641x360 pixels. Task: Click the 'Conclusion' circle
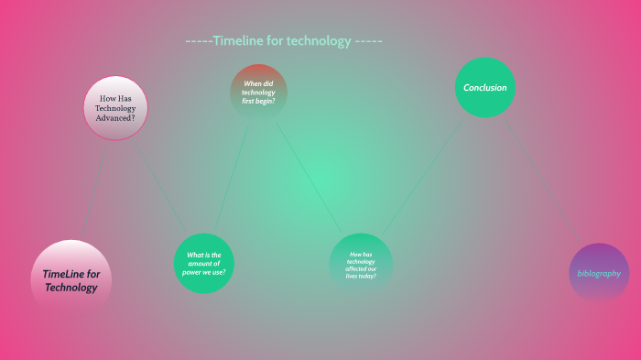[x=485, y=88]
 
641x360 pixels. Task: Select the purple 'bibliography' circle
[x=599, y=273]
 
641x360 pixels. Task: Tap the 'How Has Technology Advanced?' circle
[x=116, y=108]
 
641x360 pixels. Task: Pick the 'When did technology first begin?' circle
[x=258, y=92]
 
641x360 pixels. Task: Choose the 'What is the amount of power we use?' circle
[x=204, y=264]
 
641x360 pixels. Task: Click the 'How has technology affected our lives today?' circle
[x=361, y=264]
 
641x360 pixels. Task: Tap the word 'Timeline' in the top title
[x=239, y=41]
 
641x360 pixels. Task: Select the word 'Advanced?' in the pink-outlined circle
[x=116, y=117]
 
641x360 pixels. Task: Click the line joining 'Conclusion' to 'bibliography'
[x=544, y=184]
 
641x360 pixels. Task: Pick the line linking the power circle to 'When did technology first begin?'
[x=232, y=179]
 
